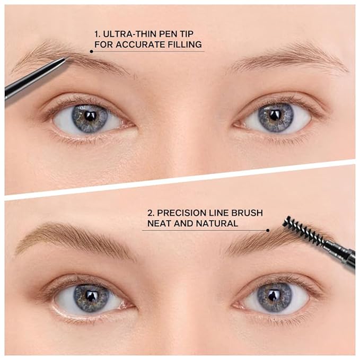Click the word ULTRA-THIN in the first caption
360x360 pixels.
pyautogui.click(x=127, y=32)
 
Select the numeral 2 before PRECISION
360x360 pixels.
pyautogui.click(x=151, y=213)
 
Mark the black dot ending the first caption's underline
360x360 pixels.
pyautogui.click(x=91, y=51)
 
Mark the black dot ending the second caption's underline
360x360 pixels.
pyautogui.click(x=268, y=230)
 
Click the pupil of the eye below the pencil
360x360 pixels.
pyautogui.click(x=90, y=115)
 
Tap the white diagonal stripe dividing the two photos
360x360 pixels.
pyautogui.click(x=180, y=179)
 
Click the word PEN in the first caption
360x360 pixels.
pyautogui.click(x=172, y=32)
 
